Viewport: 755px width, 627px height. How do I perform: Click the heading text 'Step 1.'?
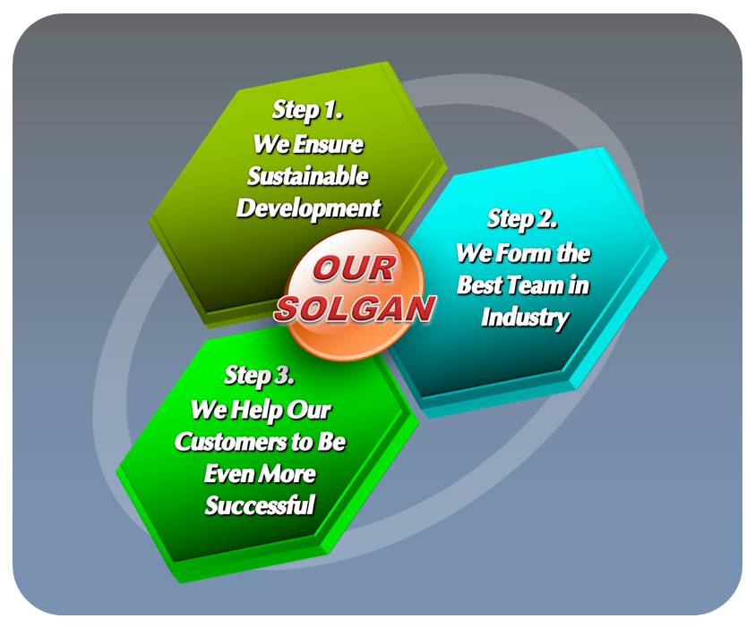pyautogui.click(x=307, y=111)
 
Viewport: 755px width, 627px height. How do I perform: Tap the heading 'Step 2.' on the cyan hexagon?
pyautogui.click(x=522, y=220)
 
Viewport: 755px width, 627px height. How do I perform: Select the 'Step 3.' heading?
pyautogui.click(x=259, y=376)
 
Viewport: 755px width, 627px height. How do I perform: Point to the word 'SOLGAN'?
pyautogui.click(x=355, y=309)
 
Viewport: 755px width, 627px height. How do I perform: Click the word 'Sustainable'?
pyautogui.click(x=308, y=176)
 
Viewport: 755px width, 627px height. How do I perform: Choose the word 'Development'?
pyautogui.click(x=308, y=209)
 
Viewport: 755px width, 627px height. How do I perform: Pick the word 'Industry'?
pyautogui.click(x=525, y=318)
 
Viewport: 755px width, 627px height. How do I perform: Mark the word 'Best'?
pyautogui.click(x=480, y=285)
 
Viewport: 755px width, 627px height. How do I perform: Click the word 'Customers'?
pyautogui.click(x=230, y=442)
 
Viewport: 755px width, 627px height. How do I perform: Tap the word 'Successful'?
pyautogui.click(x=260, y=505)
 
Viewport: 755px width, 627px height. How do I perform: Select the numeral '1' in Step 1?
pyautogui.click(x=330, y=110)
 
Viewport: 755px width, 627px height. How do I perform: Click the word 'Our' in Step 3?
pyautogui.click(x=309, y=411)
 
